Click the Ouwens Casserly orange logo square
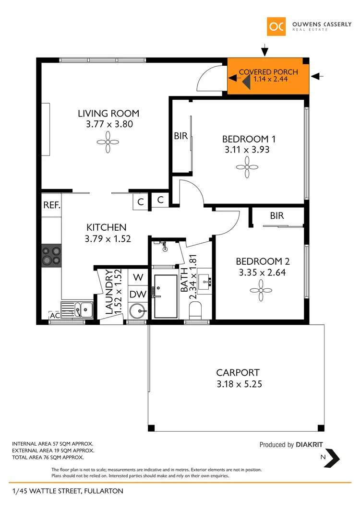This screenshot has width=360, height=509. (x=276, y=26)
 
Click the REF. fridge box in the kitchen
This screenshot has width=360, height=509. (x=51, y=205)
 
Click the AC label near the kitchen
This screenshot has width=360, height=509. (x=54, y=316)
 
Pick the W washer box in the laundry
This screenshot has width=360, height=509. (x=138, y=277)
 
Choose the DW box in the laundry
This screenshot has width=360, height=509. (x=138, y=294)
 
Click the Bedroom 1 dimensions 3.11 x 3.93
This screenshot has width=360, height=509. (x=247, y=150)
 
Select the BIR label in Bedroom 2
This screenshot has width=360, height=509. (x=277, y=216)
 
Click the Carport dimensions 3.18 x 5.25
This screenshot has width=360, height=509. (x=238, y=384)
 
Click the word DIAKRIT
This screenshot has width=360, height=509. (x=313, y=445)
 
